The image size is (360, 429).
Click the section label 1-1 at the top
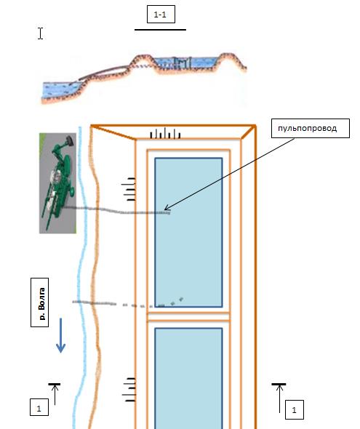tap(161, 15)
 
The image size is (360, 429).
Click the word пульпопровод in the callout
tap(307, 128)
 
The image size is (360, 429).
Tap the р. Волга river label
tap(41, 303)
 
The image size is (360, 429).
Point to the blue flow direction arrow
tap(60, 336)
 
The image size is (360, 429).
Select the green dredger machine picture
tap(57, 183)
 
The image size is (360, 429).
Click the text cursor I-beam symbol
tap(40, 33)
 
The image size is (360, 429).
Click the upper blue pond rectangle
tap(188, 232)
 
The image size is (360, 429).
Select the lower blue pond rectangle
tap(188, 378)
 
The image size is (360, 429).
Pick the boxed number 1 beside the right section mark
tap(295, 410)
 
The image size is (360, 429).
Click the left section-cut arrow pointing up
tap(55, 394)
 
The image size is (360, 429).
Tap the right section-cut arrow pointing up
tap(279, 398)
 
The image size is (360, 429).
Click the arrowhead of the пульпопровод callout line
tap(165, 209)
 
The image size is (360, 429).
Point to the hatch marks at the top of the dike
tap(165, 134)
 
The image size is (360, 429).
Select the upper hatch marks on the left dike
tap(129, 189)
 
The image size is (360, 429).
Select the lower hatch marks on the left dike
tap(129, 390)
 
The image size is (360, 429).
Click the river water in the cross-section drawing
tap(61, 89)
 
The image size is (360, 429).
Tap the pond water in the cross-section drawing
tap(186, 63)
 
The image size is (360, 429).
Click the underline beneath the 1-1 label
tap(160, 30)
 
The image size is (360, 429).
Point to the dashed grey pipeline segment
tap(128, 304)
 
